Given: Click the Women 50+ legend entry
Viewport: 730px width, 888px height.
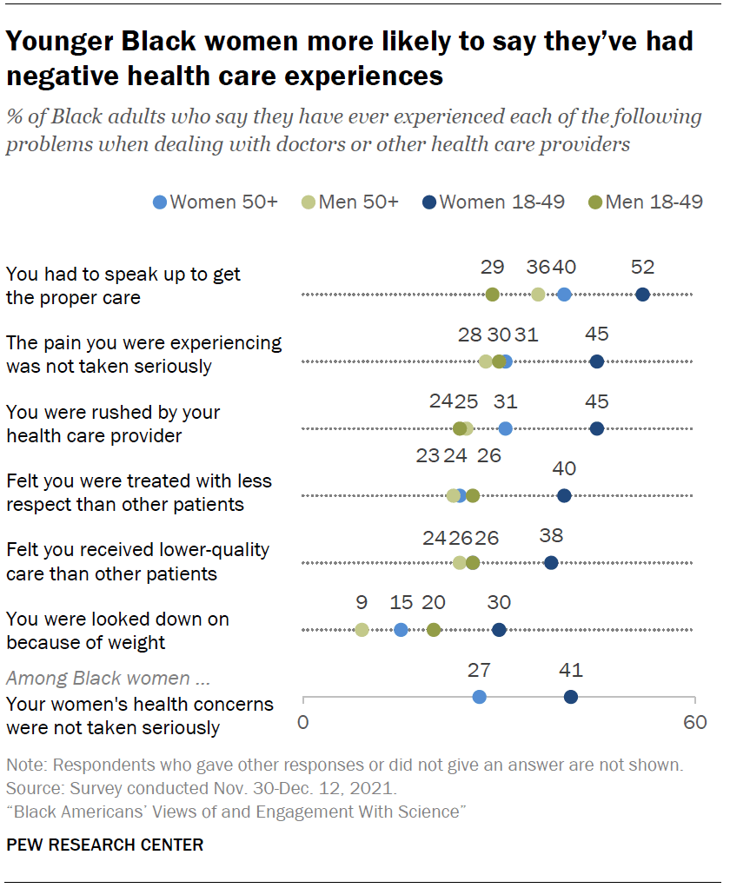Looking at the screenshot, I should (x=215, y=202).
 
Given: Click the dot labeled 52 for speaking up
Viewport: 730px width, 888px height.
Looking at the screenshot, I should (x=642, y=295).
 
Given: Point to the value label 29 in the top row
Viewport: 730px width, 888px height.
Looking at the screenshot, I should (x=492, y=267).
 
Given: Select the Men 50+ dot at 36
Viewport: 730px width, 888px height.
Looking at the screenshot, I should (x=538, y=295).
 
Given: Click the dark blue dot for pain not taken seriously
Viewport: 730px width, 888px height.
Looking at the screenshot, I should (x=597, y=361).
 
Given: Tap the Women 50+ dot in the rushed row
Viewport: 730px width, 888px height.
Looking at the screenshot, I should (x=505, y=428).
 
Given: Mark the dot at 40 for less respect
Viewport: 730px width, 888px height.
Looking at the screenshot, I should (x=564, y=495).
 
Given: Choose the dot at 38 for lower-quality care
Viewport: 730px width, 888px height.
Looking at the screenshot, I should (x=551, y=562).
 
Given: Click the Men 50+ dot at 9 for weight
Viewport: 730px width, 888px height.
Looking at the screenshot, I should (x=362, y=630).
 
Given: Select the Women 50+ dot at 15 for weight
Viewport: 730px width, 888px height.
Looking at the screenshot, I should (x=401, y=630).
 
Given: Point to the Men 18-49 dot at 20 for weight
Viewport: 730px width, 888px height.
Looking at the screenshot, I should (x=434, y=630).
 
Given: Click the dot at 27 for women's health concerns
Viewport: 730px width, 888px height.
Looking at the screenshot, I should (x=479, y=697).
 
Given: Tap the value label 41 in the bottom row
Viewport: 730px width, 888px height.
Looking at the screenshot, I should (x=571, y=670).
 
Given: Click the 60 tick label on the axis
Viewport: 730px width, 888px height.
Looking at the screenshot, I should (x=694, y=722).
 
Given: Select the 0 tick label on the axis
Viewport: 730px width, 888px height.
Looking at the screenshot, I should (x=303, y=722).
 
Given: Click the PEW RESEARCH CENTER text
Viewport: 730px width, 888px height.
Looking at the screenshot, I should (x=104, y=845).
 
